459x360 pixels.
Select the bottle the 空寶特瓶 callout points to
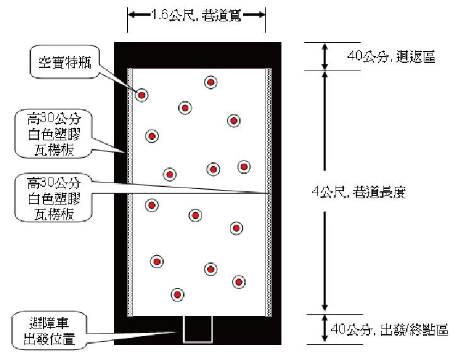pyautogui.click(x=142, y=95)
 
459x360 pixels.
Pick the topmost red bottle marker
pyautogui.click(x=210, y=82)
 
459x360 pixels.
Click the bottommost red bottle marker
pyautogui.click(x=178, y=295)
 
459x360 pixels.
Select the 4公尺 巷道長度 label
pyautogui.click(x=360, y=193)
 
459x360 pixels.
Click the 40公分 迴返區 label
pyautogui.click(x=391, y=57)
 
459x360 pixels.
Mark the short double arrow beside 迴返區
pyautogui.click(x=325, y=56)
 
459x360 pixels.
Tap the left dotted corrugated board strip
pyautogui.click(x=130, y=192)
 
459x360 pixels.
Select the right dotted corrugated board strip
pyautogui.click(x=269, y=192)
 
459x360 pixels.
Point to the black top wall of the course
pyautogui.click(x=197, y=54)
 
